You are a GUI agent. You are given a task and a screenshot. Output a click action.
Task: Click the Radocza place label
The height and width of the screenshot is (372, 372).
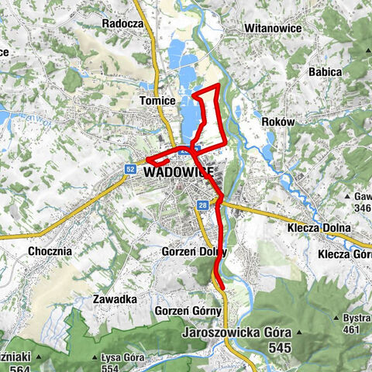123,23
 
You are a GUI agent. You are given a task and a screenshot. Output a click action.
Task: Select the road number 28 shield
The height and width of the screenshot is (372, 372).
202,205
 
